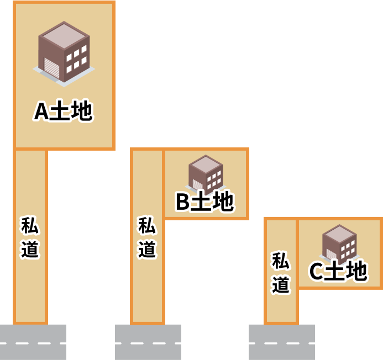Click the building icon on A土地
(64, 53)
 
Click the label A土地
(63, 111)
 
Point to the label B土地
(204, 202)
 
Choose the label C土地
(338, 271)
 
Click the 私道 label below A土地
(30, 237)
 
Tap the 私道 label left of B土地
(147, 237)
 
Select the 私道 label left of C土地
(281, 273)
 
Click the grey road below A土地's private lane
(33, 342)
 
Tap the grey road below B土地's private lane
(148, 342)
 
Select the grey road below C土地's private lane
(282, 342)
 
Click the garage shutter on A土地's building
(51, 67)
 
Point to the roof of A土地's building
(64, 33)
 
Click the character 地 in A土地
(81, 111)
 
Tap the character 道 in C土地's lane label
(281, 284)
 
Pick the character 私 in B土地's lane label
(147, 225)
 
